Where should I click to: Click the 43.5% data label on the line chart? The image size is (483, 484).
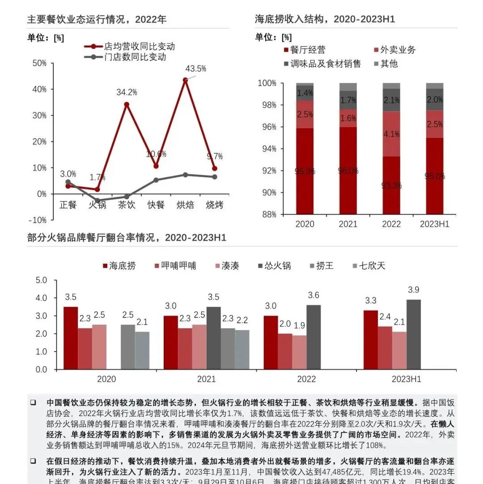click(196, 69)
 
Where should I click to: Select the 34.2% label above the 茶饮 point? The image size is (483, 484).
click(126, 92)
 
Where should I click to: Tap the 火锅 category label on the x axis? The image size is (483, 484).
click(97, 205)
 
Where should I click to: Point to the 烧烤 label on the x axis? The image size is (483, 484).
click(214, 205)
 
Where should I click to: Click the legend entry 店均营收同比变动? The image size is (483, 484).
click(139, 47)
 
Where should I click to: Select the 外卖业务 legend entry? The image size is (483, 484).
click(397, 50)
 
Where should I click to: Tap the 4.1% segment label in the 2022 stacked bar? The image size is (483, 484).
click(391, 133)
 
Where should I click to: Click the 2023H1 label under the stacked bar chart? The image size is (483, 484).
click(434, 224)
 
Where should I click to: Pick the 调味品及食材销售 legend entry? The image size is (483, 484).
click(325, 64)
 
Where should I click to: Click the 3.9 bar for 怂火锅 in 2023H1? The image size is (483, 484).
click(414, 334)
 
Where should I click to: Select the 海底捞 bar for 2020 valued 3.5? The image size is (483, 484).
click(71, 338)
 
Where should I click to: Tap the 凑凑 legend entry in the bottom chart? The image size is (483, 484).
click(229, 266)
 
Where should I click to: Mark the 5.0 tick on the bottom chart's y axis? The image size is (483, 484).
click(41, 280)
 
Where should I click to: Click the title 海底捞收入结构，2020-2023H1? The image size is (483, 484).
click(325, 19)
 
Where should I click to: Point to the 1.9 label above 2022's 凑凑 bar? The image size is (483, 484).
click(300, 326)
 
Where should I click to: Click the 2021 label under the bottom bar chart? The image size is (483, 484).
click(206, 379)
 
